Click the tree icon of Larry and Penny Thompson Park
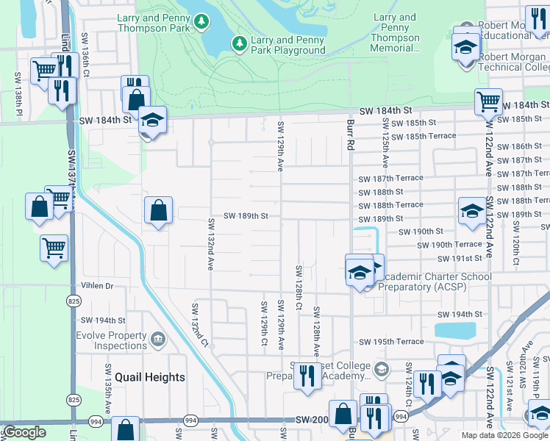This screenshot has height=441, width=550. (201, 23)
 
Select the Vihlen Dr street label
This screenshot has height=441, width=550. (97, 286)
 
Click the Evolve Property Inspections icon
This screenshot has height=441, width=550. (157, 340)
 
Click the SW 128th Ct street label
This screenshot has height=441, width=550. (299, 287)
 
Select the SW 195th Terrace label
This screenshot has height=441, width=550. (391, 342)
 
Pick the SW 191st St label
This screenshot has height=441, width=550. (460, 259)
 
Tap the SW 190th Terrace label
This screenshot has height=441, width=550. (457, 245)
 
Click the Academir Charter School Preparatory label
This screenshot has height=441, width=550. (434, 282)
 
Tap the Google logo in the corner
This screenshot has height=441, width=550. (24, 432)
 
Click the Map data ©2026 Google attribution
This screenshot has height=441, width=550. (504, 435)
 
